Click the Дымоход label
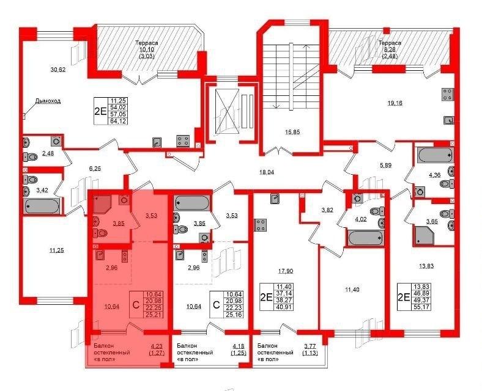(48, 101)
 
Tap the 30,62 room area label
(57, 70)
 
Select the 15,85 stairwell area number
(292, 133)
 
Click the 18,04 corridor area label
(266, 172)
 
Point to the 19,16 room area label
(395, 103)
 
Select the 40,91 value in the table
(283, 307)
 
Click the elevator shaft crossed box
(227, 111)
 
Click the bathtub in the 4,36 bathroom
(434, 155)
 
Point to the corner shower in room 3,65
(425, 235)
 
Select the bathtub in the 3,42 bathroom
(41, 206)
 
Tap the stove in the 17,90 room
(261, 225)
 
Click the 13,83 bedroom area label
(426, 266)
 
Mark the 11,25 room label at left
(56, 250)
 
